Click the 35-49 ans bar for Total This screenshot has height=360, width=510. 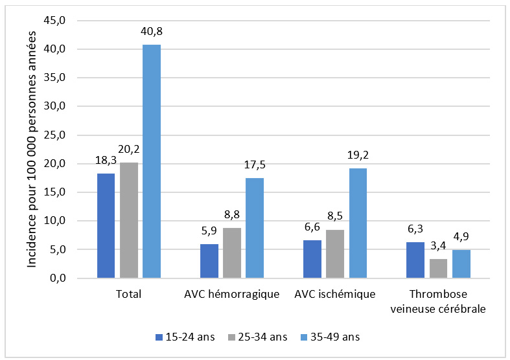pos(151,161)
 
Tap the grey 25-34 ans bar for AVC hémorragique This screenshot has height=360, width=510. pos(231,253)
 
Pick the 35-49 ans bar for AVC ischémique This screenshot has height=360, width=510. pos(357,223)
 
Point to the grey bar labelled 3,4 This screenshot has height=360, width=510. pos(437,268)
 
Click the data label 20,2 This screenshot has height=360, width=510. pos(129,150)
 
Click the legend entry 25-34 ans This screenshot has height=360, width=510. pos(258,337)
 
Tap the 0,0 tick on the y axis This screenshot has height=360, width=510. pos(56,278)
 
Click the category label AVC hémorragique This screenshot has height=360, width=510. pos(231,295)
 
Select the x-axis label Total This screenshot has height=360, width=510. pos(128,295)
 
